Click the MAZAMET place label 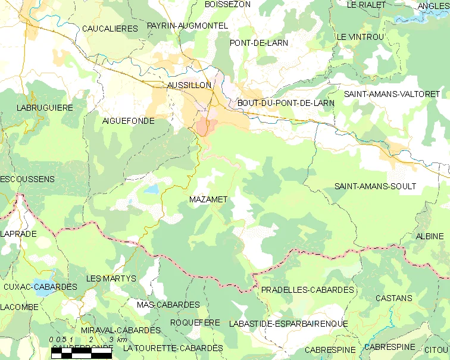click(208, 199)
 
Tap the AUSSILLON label click(189, 85)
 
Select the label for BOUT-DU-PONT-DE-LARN click(286, 103)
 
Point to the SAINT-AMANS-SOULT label click(375, 186)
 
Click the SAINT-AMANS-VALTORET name click(392, 94)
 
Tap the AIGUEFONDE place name click(128, 121)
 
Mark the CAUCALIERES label click(110, 29)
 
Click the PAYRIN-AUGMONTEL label click(187, 26)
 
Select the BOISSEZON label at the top click(227, 4)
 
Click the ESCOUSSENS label click(27, 179)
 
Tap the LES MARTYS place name click(111, 278)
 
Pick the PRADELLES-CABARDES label click(307, 290)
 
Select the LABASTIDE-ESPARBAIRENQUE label click(288, 324)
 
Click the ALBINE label click(430, 236)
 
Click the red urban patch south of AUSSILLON click(204, 126)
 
